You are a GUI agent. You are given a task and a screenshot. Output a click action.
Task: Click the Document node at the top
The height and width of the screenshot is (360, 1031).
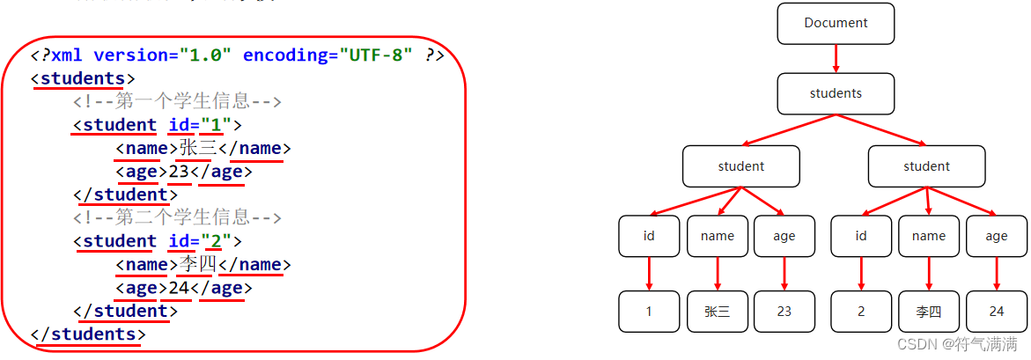click(x=836, y=24)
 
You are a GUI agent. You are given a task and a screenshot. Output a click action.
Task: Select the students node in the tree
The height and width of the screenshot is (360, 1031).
click(x=836, y=93)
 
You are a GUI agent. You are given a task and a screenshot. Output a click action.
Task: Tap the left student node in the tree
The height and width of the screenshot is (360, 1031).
click(x=740, y=166)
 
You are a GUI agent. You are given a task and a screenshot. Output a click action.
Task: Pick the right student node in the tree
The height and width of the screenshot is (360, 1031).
click(x=926, y=166)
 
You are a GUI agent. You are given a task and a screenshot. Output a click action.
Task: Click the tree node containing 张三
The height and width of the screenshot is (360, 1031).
click(x=718, y=312)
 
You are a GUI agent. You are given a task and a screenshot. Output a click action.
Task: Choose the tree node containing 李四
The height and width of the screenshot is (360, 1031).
click(x=929, y=312)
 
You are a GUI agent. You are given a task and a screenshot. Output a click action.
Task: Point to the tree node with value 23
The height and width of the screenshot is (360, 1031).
click(x=784, y=312)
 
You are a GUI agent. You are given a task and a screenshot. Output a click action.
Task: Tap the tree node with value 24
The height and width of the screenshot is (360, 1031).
click(x=997, y=312)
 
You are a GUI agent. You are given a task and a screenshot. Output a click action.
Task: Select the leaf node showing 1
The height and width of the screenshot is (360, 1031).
click(x=649, y=312)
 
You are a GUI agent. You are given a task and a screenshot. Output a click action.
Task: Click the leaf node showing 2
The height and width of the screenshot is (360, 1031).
click(x=861, y=312)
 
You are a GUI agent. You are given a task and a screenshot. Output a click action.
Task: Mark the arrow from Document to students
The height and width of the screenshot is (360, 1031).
click(x=836, y=58)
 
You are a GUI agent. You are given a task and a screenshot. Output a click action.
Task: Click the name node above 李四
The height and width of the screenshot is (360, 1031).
click(x=929, y=236)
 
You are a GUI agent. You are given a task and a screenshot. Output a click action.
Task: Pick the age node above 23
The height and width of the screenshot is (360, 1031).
click(x=784, y=236)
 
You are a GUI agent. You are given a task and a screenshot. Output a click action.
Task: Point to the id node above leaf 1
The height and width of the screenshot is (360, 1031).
click(x=649, y=236)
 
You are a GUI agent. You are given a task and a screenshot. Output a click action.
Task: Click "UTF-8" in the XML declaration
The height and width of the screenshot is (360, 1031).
click(x=377, y=55)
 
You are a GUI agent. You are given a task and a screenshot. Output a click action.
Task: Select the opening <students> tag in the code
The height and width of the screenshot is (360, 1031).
click(x=83, y=78)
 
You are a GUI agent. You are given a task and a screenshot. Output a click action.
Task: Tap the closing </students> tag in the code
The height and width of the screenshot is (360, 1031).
click(x=88, y=334)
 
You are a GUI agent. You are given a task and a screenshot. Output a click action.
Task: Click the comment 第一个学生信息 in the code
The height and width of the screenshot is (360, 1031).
click(x=176, y=102)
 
